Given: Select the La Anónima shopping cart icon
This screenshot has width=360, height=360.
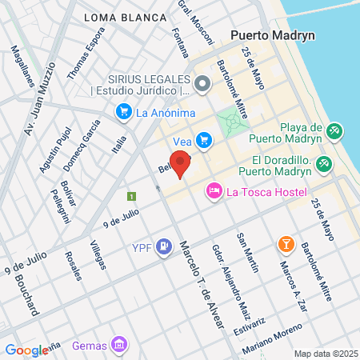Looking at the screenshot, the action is pos(122,113).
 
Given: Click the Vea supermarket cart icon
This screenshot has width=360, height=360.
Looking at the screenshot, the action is pos(204,141).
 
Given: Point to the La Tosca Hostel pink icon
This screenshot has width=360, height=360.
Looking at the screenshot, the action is pos(214,191).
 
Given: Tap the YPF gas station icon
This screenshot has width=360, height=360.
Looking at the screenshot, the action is pos(163,246).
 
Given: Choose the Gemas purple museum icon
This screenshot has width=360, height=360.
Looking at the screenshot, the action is pos(119,344).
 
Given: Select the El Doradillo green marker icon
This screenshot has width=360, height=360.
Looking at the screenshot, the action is pos(323,164).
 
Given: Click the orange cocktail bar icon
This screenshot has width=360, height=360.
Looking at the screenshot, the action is pos(284,244).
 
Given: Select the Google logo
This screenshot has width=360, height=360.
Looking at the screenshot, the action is pos(26,350).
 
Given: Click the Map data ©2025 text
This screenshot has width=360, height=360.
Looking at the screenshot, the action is pos(324,353).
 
